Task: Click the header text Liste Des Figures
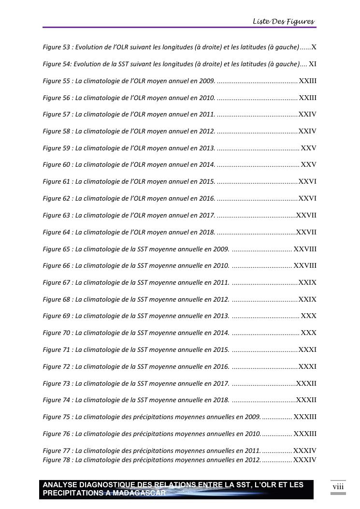(x=284, y=21)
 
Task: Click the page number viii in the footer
(x=338, y=486)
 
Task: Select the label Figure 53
(x=57, y=47)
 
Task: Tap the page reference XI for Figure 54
(x=313, y=64)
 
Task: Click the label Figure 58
(x=57, y=131)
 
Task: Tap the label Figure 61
(x=57, y=181)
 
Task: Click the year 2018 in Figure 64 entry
(x=207, y=232)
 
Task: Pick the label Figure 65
(x=57, y=249)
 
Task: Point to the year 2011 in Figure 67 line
(x=221, y=282)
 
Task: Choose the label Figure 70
(x=57, y=333)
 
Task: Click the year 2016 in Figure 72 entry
(x=221, y=366)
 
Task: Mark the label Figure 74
(x=57, y=400)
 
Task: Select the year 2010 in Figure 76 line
(x=253, y=434)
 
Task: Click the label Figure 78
(x=57, y=460)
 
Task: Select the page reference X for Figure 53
(x=314, y=47)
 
